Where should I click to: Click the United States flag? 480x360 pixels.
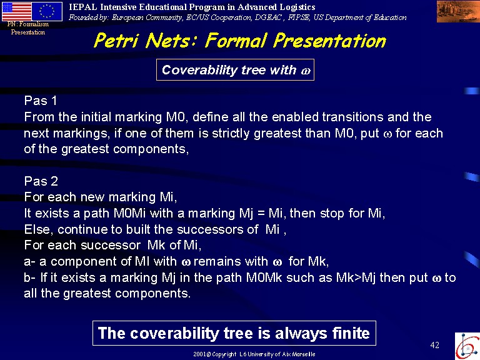pos(16,11)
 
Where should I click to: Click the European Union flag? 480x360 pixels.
pos(47,11)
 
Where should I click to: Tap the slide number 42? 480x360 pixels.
pos(435,345)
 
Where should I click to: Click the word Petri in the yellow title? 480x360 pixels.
pos(117,41)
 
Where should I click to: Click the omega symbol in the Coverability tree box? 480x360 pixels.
pos(306,71)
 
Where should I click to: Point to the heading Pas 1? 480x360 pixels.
pos(41,101)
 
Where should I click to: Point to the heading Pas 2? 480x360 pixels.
pos(41,181)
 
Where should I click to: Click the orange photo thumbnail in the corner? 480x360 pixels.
pos(458,11)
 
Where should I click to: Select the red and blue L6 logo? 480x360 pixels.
pos(467,346)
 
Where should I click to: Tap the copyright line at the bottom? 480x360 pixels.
pos(254,354)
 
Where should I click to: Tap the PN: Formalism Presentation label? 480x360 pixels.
pos(28,28)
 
